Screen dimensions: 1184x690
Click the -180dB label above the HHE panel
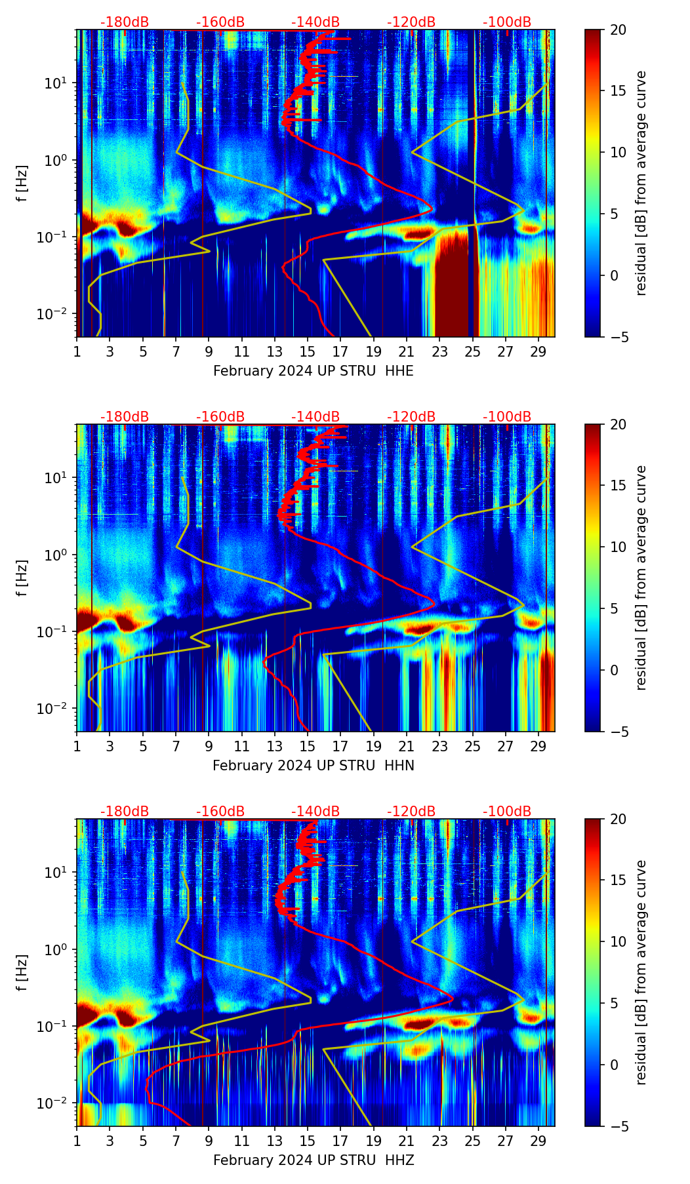pos(125,22)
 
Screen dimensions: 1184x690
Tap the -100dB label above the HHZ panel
pos(507,812)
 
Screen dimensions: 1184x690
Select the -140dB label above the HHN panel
pos(315,417)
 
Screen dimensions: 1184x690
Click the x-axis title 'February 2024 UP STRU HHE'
pos(314,371)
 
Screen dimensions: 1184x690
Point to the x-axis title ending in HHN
pos(314,766)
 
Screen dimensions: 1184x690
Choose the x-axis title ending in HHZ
pos(314,1160)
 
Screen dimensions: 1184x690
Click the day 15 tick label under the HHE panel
pos(308,351)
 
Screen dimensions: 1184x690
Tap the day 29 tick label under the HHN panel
pos(538,745)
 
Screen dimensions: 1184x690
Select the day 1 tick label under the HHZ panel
pos(77,1140)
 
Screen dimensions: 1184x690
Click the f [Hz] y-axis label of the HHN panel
pos(22,578)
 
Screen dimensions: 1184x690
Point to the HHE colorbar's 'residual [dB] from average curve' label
pos(641,183)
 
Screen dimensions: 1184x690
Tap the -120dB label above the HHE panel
pos(411,22)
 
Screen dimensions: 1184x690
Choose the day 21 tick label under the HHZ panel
pos(407,1140)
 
